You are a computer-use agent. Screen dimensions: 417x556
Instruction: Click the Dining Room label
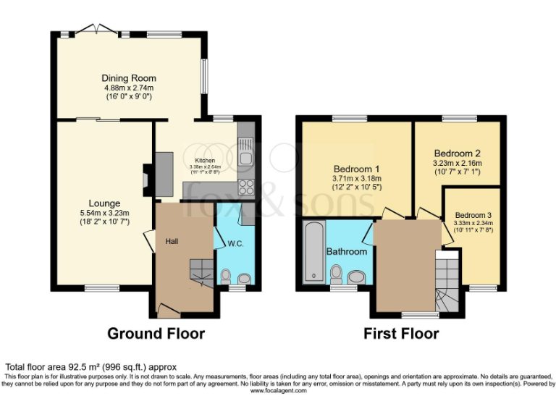129,78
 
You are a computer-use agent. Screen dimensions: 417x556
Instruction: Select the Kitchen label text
205,160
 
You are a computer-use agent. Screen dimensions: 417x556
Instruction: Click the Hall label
172,240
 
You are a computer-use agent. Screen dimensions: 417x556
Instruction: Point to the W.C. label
235,243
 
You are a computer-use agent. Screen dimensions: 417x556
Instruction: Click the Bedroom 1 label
356,168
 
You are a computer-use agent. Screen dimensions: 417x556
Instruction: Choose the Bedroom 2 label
457,153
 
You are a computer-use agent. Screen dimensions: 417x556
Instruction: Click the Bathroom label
347,252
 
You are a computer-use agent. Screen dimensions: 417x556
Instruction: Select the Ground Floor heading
156,334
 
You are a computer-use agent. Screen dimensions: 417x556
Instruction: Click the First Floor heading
401,334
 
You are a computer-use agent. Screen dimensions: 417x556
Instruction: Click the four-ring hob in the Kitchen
245,188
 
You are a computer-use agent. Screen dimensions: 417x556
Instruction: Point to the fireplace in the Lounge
147,177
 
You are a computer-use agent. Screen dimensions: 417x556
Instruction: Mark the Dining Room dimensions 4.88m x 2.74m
129,88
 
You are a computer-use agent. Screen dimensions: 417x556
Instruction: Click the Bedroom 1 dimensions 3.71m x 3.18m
356,179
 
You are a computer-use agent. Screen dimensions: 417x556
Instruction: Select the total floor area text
91,367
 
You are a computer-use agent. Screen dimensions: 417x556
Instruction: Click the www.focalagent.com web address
278,391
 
